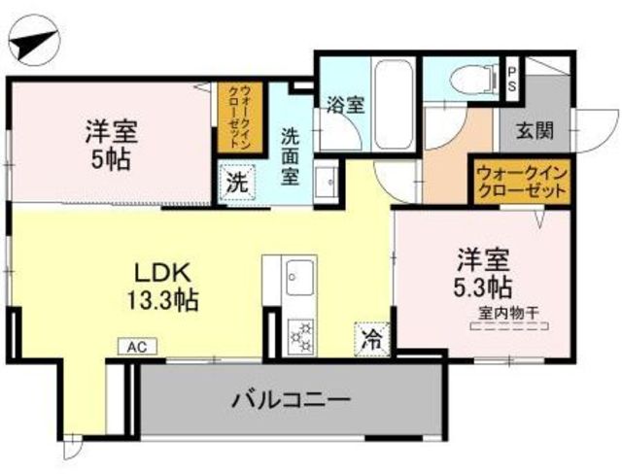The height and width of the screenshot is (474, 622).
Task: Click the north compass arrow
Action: point(33,45)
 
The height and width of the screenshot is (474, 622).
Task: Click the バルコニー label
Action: point(291,399)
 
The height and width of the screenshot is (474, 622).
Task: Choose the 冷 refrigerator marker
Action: point(371,339)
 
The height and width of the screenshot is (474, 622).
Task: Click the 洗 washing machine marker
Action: point(237,182)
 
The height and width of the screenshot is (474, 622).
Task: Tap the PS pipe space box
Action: point(512,79)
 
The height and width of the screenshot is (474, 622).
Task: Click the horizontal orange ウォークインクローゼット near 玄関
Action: point(522,181)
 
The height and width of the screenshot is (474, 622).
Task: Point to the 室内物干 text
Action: point(509,312)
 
